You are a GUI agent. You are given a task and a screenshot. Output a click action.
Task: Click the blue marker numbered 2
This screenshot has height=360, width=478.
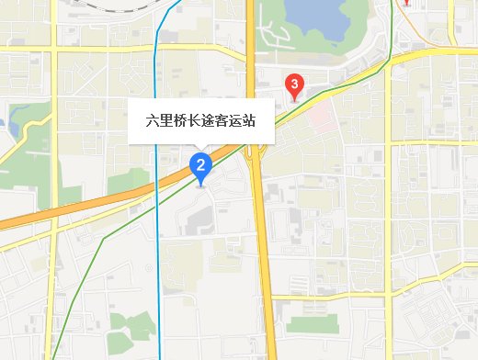(200, 165)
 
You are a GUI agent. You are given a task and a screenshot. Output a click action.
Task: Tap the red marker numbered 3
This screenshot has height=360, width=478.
(293, 86)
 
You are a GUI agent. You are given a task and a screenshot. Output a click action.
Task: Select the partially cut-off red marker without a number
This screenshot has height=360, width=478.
(404, 3)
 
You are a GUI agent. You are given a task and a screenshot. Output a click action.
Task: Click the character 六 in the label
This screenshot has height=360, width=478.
(153, 121)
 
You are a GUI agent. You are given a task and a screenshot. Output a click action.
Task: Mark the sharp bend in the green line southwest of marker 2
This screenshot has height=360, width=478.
(103, 238)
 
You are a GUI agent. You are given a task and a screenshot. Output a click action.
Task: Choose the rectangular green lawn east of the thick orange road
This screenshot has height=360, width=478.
(313, 323)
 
